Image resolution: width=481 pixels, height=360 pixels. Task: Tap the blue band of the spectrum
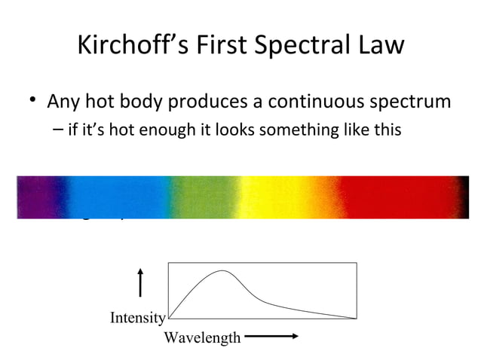(x=109, y=197)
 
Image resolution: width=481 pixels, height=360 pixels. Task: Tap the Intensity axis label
(x=137, y=318)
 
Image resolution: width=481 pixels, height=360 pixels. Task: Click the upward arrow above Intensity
(x=140, y=285)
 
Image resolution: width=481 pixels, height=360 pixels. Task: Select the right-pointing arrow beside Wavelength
(x=273, y=337)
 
